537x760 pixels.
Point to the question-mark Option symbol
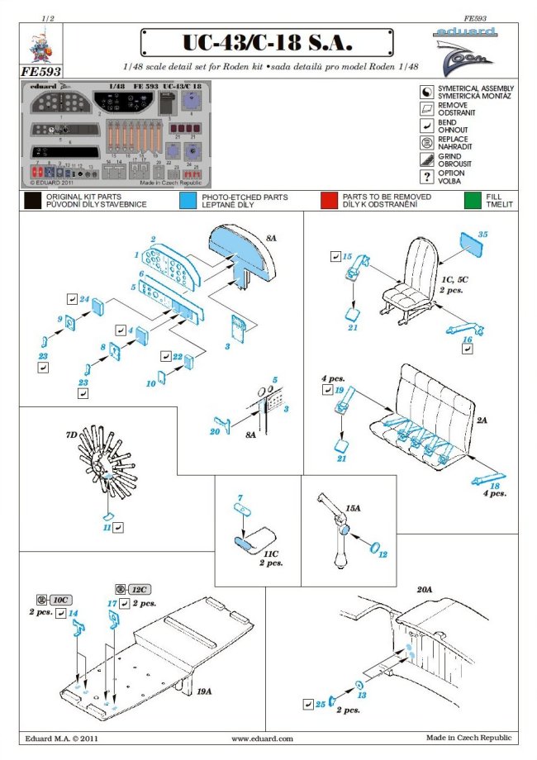pyautogui.click(x=426, y=177)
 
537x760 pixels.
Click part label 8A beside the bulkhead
pyautogui.click(x=271, y=239)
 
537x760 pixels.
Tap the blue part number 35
pyautogui.click(x=482, y=235)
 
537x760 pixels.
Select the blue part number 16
pyautogui.click(x=468, y=339)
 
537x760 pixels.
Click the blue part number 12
pyautogui.click(x=383, y=554)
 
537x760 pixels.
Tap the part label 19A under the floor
pyautogui.click(x=204, y=691)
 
